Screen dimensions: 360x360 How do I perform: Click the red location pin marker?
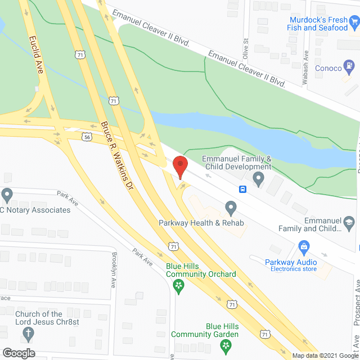point(179,168)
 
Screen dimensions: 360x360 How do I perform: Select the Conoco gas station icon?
point(351,68)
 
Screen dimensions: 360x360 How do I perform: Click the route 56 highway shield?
point(86,136)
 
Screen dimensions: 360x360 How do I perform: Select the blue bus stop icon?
point(243,189)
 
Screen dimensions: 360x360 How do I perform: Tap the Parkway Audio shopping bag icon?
point(304,246)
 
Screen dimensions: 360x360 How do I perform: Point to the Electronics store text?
point(294,269)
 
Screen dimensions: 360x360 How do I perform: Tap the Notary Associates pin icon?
point(7,195)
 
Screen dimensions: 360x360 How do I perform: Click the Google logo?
point(19,353)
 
